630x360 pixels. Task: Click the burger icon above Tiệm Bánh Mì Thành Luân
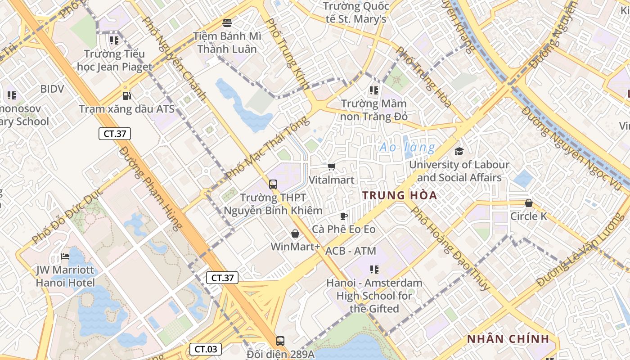pos(227,22)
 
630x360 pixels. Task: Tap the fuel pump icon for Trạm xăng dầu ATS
pos(127,95)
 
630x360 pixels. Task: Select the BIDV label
pos(52,89)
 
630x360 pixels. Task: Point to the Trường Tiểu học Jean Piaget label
pos(114,60)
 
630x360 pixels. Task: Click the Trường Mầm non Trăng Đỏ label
pos(374,110)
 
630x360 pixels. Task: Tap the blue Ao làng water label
pos(407,147)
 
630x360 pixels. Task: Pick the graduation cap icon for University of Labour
pos(459,151)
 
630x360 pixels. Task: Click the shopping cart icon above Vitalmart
pos(332,167)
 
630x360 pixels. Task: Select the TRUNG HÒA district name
pos(400,195)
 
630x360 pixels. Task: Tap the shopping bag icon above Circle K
pos(529,203)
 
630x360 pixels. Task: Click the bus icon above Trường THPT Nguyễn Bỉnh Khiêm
pos(273,184)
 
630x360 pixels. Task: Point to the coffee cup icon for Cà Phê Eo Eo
pos(344,216)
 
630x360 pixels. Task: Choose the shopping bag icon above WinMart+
pos(295,234)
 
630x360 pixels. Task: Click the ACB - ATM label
pos(351,251)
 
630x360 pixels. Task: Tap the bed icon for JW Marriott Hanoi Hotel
pos(65,257)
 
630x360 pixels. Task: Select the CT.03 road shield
pos(205,349)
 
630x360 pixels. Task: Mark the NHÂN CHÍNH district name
pos(508,339)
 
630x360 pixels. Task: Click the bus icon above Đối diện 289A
pos(280,341)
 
